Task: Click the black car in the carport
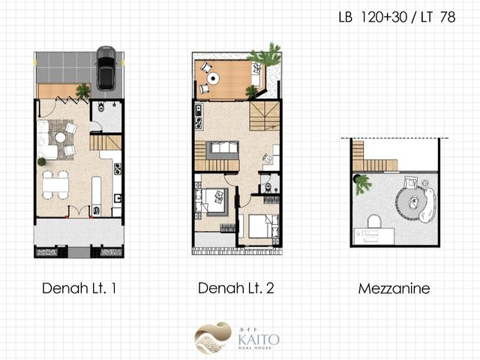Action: pyautogui.click(x=106, y=67)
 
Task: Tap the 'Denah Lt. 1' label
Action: pyautogui.click(x=79, y=288)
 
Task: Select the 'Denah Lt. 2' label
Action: pyautogui.click(x=235, y=288)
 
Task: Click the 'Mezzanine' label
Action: pyautogui.click(x=394, y=289)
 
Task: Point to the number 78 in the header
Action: pyautogui.click(x=448, y=17)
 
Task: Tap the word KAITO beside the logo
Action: pyautogui.click(x=259, y=340)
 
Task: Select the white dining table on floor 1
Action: pyautogui.click(x=55, y=185)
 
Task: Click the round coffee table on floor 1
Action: pyautogui.click(x=60, y=137)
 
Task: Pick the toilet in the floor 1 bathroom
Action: pyautogui.click(x=101, y=106)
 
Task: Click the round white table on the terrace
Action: pyautogui.click(x=213, y=78)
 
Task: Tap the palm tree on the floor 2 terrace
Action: pyautogui.click(x=265, y=55)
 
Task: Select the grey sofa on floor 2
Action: pyautogui.click(x=223, y=150)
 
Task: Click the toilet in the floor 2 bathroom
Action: pyautogui.click(x=268, y=187)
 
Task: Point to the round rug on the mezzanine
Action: pyautogui.click(x=411, y=202)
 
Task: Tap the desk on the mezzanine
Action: pyautogui.click(x=374, y=236)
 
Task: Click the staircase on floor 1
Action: pyautogui.click(x=106, y=142)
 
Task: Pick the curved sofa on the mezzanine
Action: pyautogui.click(x=428, y=205)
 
